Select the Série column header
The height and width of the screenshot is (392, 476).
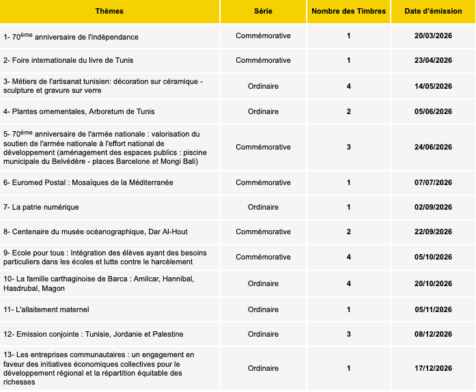[263, 12]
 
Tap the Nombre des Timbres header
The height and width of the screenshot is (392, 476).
[348, 12]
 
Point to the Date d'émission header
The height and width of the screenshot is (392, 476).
[433, 12]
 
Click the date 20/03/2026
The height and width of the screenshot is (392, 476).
[433, 36]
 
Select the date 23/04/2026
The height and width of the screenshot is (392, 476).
[433, 61]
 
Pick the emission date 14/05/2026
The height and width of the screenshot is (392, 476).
[433, 86]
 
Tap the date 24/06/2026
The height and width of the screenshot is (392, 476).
[433, 147]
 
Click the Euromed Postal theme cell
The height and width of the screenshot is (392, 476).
[79, 182]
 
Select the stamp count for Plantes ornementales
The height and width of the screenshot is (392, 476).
[348, 111]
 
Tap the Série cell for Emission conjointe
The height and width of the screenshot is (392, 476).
[263, 334]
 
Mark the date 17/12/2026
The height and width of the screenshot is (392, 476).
[433, 368]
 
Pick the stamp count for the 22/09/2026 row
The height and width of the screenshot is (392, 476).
[348, 232]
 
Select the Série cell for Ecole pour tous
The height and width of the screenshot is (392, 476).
[263, 257]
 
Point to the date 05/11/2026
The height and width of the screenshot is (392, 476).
[433, 309]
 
